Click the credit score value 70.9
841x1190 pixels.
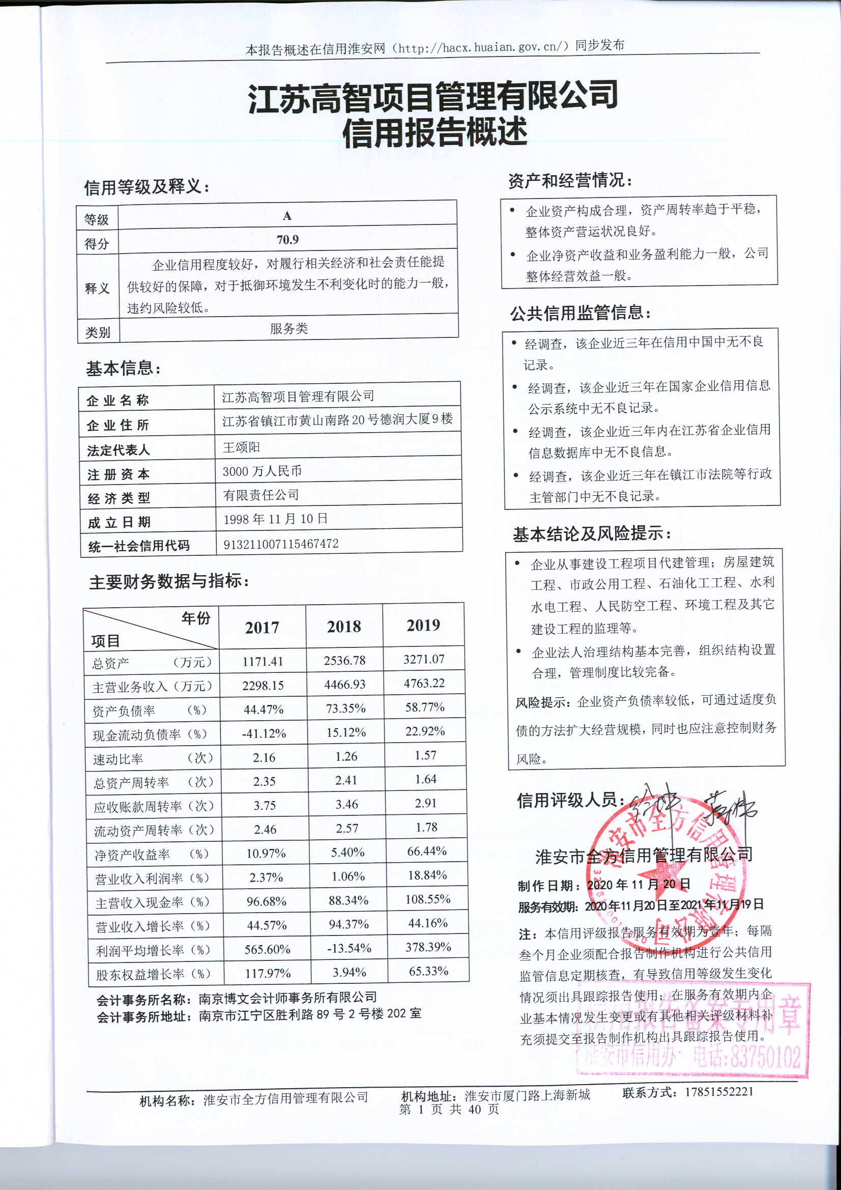click(x=287, y=239)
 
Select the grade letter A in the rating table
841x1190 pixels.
click(x=287, y=216)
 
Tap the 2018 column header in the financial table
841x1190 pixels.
click(x=344, y=627)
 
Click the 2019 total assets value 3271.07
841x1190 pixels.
click(x=424, y=659)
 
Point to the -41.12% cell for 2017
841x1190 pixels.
click(x=264, y=733)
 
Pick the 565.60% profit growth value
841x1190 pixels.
click(x=267, y=949)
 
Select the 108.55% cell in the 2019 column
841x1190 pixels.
click(x=427, y=899)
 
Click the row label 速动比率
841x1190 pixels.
click(x=118, y=759)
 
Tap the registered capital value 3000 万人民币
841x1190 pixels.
click(x=262, y=471)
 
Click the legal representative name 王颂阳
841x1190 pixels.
click(x=241, y=447)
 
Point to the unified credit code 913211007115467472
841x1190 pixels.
click(x=281, y=544)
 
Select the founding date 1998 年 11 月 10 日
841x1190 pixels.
click(x=275, y=519)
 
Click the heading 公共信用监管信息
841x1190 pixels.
click(x=581, y=313)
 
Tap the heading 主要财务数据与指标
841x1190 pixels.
click(x=169, y=582)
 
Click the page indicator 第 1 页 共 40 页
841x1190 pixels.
click(x=449, y=1109)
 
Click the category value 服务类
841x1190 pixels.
click(x=288, y=328)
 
